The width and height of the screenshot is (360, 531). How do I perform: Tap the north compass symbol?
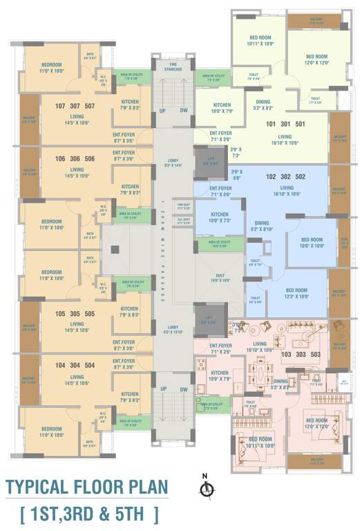[205, 490]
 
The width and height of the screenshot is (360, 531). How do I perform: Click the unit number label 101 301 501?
[285, 124]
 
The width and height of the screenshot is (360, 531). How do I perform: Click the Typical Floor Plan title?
[86, 487]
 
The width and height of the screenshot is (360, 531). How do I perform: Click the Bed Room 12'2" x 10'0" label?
[296, 292]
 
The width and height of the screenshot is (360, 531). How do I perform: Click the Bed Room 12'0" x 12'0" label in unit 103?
[316, 423]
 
